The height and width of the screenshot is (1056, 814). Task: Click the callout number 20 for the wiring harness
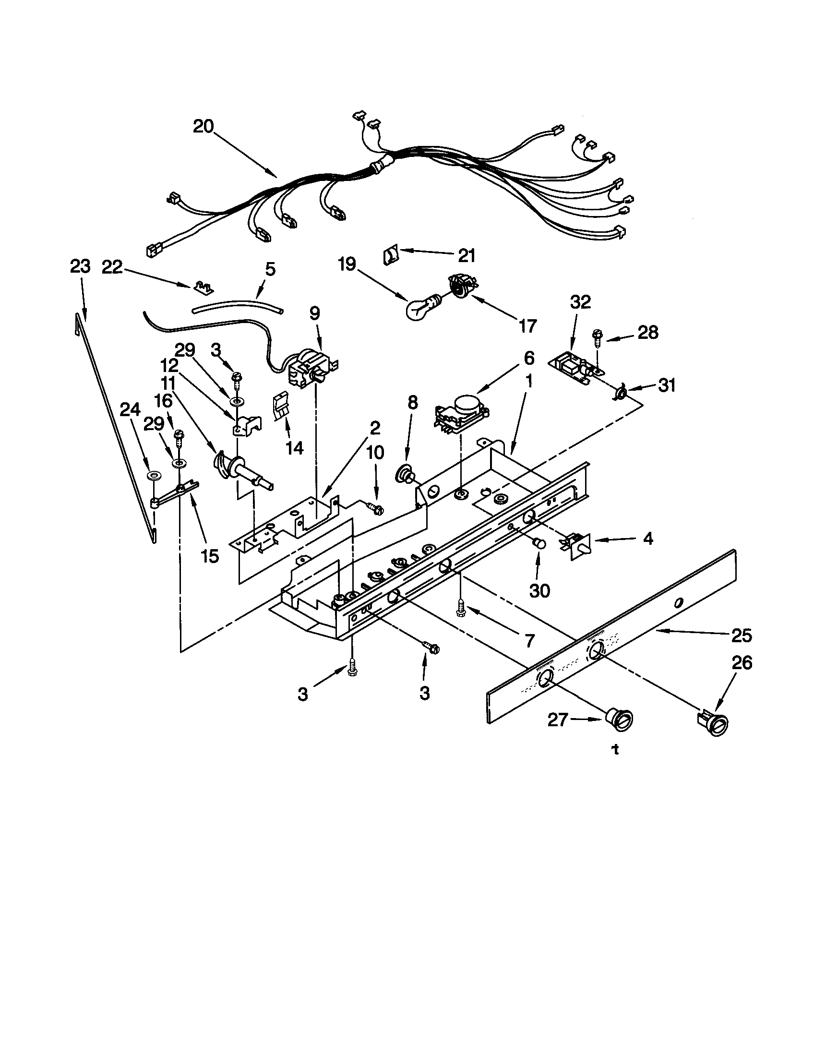(203, 127)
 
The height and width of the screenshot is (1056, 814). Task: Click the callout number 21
(467, 255)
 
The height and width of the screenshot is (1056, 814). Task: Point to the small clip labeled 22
(203, 288)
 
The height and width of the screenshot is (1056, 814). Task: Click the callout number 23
(80, 267)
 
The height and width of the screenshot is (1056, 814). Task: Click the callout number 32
(581, 302)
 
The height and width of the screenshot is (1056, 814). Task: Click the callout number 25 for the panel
(742, 636)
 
